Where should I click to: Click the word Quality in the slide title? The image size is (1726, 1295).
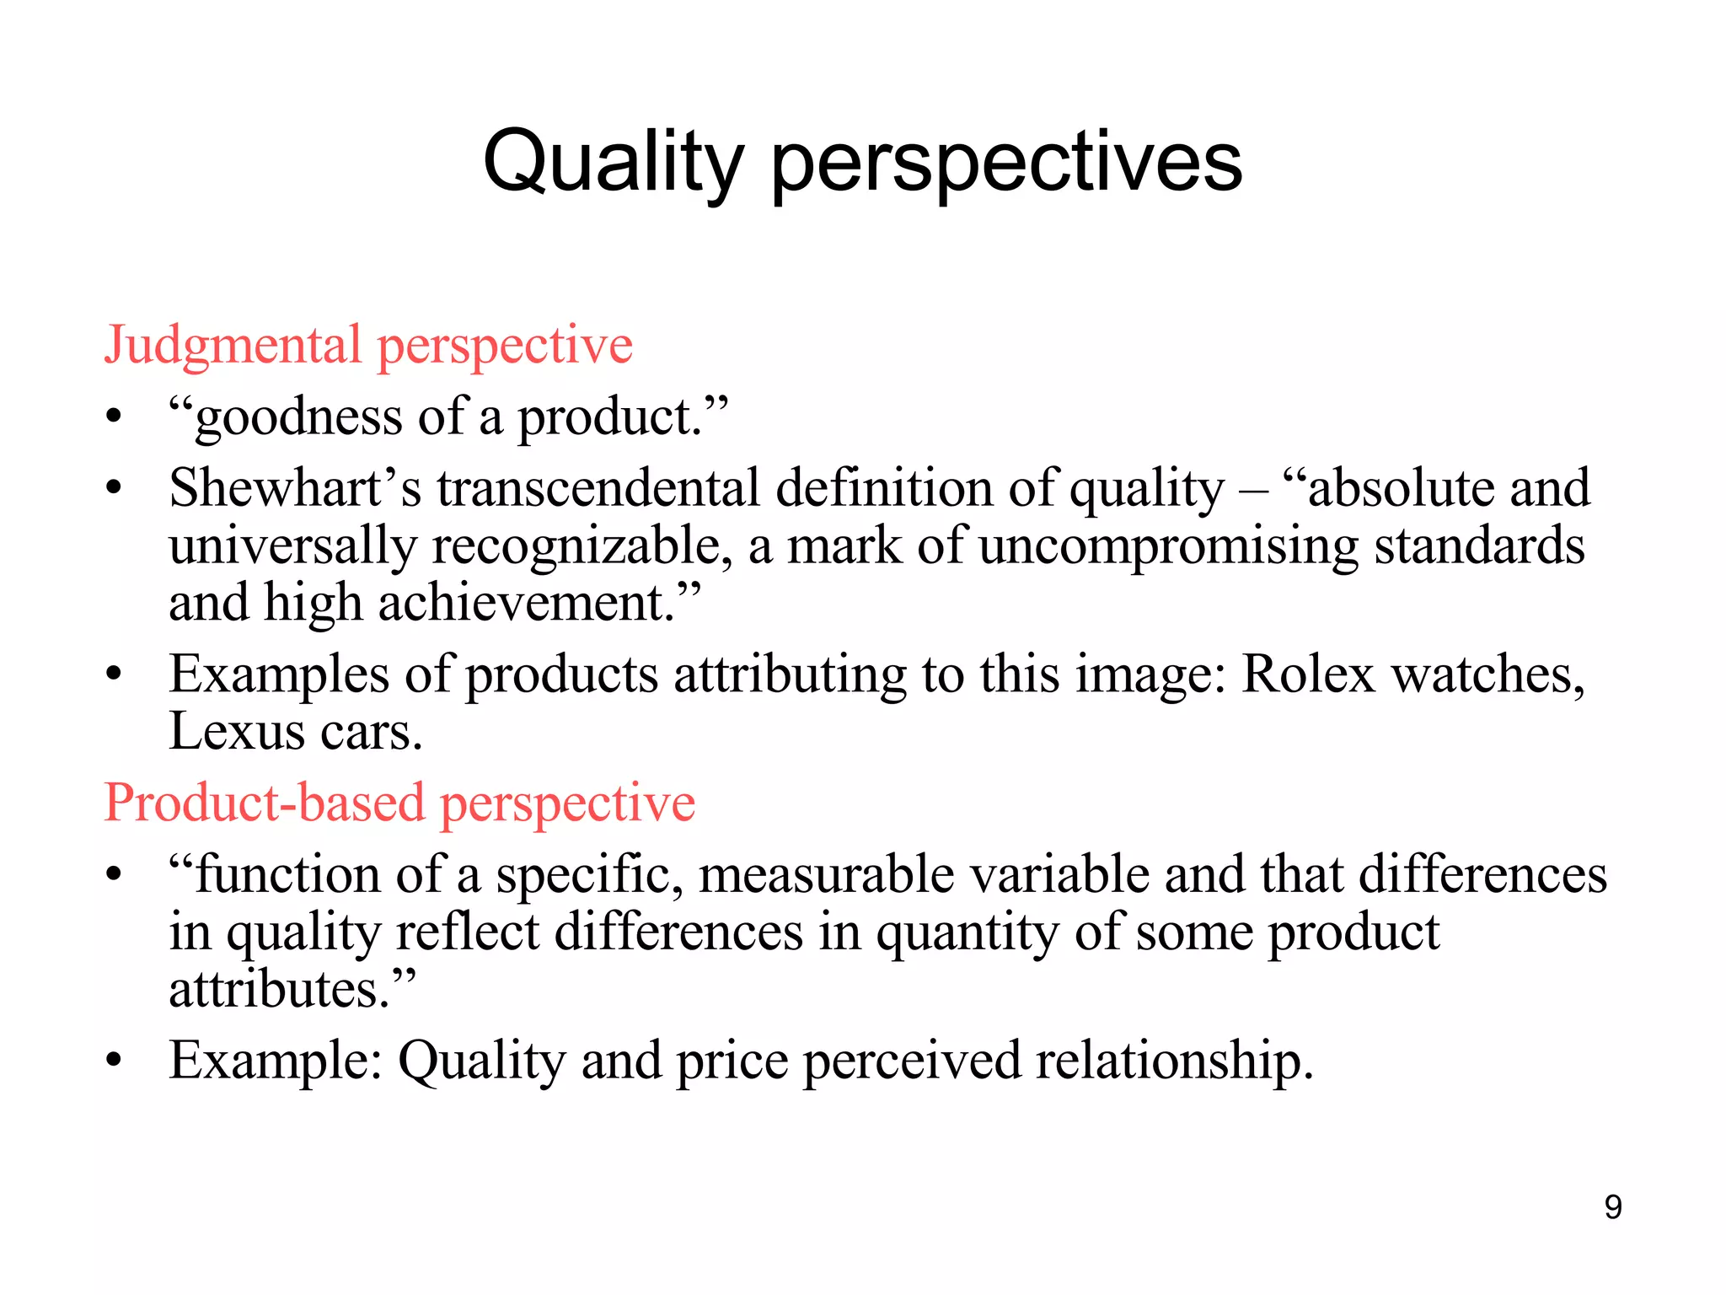point(614,162)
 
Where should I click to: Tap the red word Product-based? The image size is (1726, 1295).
point(264,803)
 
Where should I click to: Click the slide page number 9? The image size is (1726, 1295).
point(1613,1207)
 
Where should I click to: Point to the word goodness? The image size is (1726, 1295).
point(298,418)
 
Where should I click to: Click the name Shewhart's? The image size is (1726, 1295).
point(295,489)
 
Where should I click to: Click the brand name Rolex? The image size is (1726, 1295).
point(1308,674)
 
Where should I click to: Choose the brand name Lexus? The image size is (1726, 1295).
point(237,732)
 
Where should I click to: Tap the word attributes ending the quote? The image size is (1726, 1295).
point(278,990)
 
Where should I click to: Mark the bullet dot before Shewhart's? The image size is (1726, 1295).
point(115,489)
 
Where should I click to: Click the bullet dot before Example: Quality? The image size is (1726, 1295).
point(115,1061)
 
